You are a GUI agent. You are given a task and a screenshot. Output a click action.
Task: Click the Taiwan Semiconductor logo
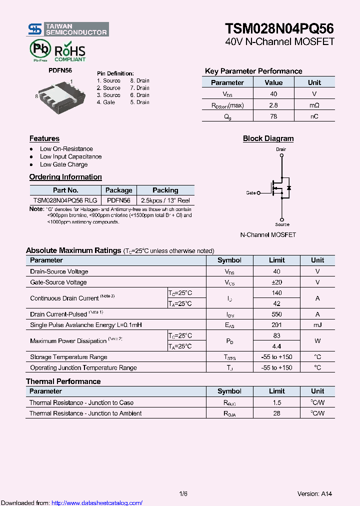[x=67, y=29]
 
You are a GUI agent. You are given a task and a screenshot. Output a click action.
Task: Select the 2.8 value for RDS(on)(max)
[x=273, y=105]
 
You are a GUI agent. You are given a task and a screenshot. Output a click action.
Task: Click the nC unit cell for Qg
[x=314, y=116]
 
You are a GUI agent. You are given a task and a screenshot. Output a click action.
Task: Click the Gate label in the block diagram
[x=251, y=192]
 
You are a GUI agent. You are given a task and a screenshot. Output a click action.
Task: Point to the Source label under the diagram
[x=282, y=224]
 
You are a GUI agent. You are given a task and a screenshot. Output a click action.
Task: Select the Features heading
[x=44, y=138]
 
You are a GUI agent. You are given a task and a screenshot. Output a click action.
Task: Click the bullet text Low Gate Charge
[x=63, y=164]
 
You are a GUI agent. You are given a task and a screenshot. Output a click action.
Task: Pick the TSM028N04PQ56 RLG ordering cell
[x=65, y=200]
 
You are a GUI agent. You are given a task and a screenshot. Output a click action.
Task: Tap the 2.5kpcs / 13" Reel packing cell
[x=165, y=200]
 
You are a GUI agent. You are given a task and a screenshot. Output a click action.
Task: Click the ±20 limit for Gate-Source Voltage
[x=276, y=282]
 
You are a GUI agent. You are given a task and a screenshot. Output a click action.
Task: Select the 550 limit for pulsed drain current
[x=276, y=314]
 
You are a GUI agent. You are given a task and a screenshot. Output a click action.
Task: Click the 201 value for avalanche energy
[x=276, y=325]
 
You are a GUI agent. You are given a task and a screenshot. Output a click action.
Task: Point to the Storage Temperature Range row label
[x=68, y=357]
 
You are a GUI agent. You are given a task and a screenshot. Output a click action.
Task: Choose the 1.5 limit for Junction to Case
[x=276, y=402]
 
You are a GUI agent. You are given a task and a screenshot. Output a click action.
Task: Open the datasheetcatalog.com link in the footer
[x=97, y=503]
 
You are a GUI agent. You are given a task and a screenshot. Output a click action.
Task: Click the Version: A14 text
[x=314, y=494]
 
